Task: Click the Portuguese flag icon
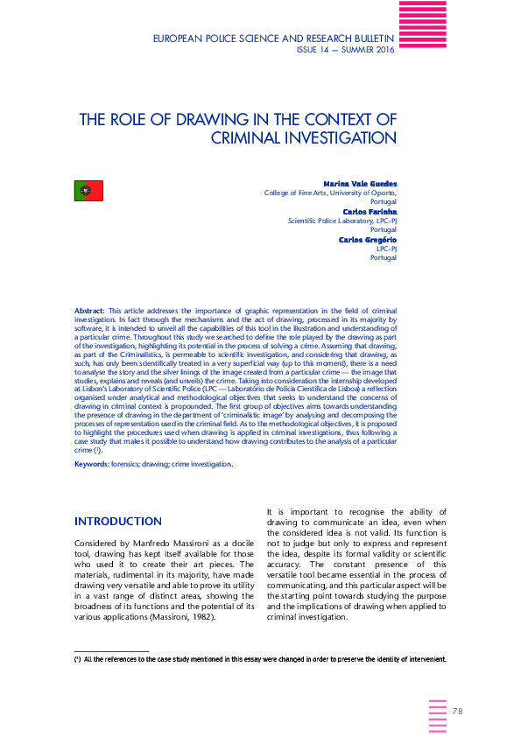(88, 190)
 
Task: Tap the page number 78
(457, 710)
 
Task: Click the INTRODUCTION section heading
(118, 522)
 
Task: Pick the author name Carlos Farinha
(369, 212)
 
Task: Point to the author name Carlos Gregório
(368, 239)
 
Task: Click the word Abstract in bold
(89, 311)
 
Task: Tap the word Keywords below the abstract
(92, 464)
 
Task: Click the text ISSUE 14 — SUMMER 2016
(347, 50)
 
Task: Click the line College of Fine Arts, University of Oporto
(330, 193)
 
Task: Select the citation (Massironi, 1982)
(201, 616)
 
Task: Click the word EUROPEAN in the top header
(182, 39)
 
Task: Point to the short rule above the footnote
(111, 650)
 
